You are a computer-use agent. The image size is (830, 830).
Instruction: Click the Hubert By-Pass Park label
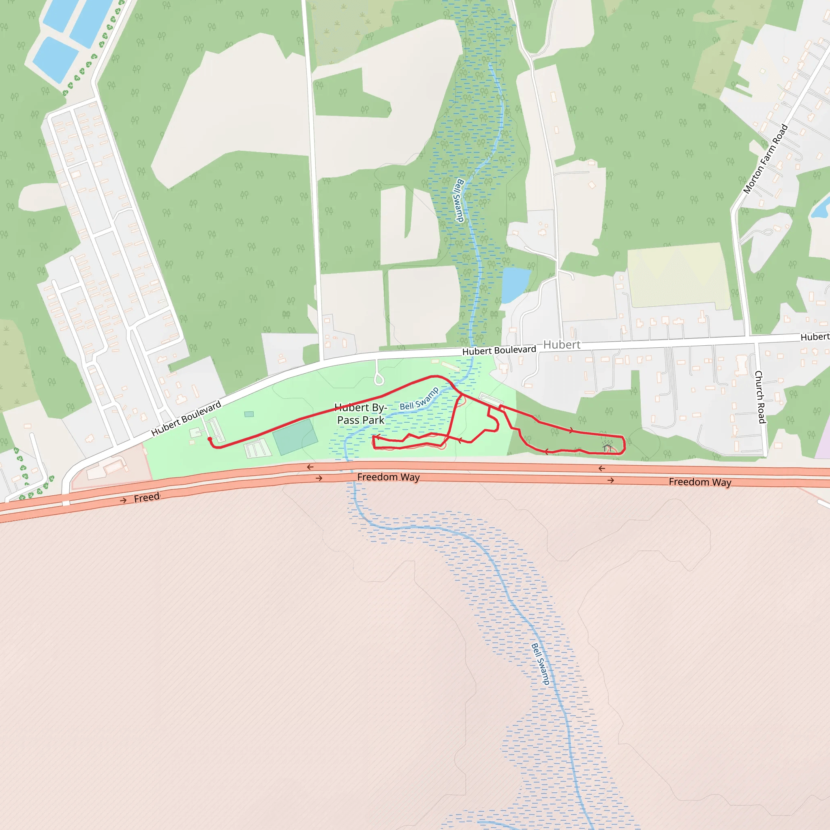[361, 414]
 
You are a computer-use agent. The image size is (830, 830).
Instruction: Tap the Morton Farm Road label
[766, 158]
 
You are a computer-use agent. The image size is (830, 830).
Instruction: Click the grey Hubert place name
[561, 344]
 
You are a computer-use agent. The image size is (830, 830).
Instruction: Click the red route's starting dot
[210, 439]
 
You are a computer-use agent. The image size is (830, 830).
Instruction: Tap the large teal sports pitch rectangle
[295, 437]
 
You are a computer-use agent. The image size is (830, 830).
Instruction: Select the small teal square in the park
[249, 414]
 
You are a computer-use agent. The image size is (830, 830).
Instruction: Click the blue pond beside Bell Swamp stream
[515, 284]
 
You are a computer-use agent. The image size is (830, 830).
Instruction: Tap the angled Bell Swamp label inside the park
[419, 399]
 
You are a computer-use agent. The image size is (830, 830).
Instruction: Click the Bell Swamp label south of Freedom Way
[540, 664]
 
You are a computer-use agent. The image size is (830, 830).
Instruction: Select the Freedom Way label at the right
[700, 482]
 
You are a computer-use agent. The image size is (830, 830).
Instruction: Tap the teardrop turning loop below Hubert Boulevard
[379, 379]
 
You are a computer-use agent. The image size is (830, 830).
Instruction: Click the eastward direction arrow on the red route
[571, 430]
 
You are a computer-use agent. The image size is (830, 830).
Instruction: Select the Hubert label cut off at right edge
[815, 337]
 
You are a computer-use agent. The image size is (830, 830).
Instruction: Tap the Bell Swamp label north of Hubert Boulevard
[459, 200]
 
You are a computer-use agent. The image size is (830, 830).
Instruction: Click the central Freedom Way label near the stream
[388, 477]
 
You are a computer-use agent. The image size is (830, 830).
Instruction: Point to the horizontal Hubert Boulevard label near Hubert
[499, 351]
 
